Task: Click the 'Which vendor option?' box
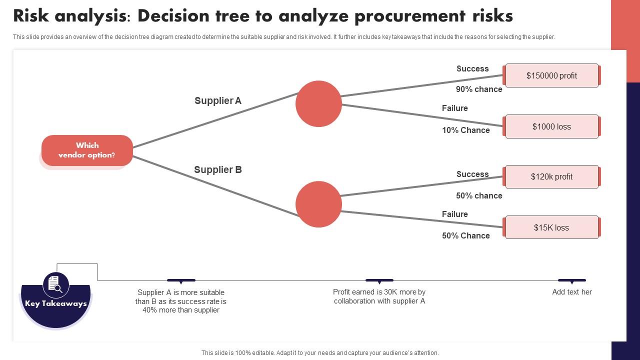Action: point(87,150)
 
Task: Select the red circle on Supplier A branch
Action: point(318,103)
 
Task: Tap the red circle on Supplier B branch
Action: point(318,204)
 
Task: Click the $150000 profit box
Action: point(551,75)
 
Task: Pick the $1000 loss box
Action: point(551,126)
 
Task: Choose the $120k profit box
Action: point(551,176)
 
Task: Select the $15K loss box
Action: point(551,227)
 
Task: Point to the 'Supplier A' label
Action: point(218,100)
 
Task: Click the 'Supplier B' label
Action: point(218,169)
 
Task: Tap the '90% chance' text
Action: point(478,89)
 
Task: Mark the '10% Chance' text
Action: point(465,130)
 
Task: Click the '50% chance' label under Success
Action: point(478,195)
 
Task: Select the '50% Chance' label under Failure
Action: point(465,235)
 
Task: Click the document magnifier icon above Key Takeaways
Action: point(55,284)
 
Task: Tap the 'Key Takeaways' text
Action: point(56,303)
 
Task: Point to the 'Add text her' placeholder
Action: point(571,292)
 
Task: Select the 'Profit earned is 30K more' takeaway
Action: point(379,296)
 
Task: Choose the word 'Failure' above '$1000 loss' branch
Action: point(454,108)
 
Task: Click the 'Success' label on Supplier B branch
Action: point(472,174)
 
